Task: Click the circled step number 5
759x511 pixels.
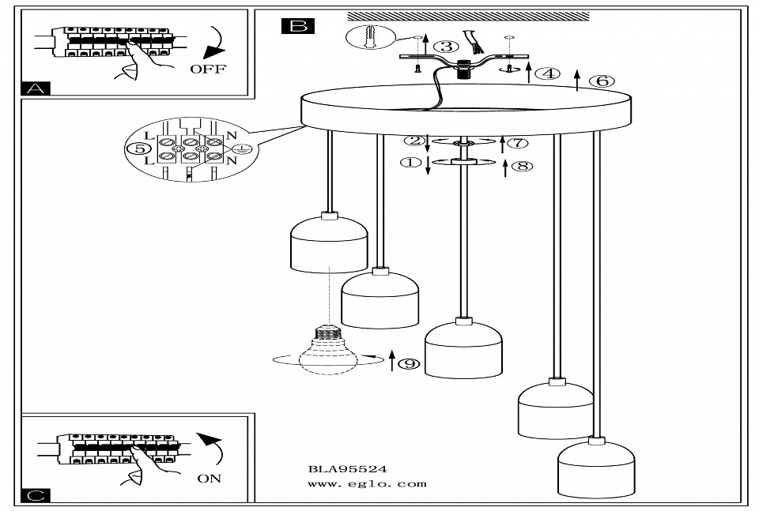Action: [140, 148]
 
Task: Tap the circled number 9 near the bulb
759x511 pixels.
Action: [408, 363]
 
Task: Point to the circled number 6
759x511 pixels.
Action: [602, 81]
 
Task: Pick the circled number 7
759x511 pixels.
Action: [516, 143]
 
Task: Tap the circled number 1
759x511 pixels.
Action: [410, 163]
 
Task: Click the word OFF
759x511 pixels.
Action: [208, 69]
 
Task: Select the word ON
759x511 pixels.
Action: [210, 478]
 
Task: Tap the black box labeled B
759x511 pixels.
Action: [297, 26]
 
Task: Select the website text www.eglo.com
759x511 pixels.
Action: [367, 483]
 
